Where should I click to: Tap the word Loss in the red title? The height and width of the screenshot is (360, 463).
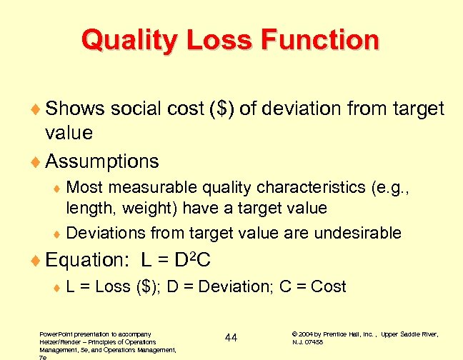217,40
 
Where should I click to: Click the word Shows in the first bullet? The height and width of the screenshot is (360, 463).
74,109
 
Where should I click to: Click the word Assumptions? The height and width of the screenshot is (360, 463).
101,161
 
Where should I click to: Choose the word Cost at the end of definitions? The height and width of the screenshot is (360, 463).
329,286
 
